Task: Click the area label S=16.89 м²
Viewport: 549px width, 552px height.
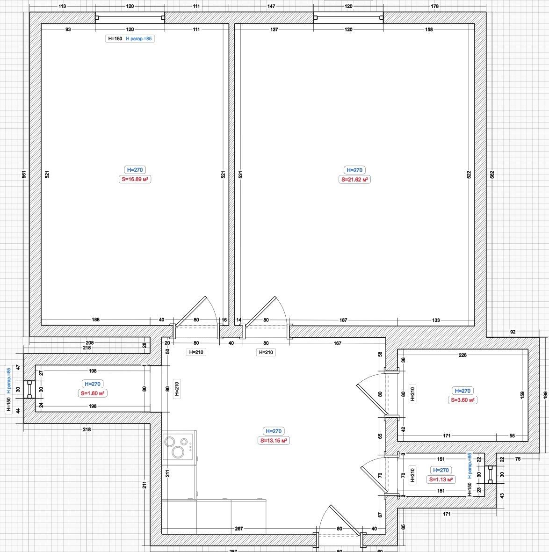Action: [x=135, y=179]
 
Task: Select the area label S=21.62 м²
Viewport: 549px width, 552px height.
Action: [x=354, y=180]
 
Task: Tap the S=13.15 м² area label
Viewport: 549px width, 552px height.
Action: [x=274, y=440]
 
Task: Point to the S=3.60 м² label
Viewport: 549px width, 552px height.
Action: [x=462, y=400]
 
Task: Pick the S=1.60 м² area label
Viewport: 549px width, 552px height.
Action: [x=93, y=393]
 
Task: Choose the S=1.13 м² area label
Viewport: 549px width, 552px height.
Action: [x=441, y=479]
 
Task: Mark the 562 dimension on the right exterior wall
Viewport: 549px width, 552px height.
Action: [x=492, y=174]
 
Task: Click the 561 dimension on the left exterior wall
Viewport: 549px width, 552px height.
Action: [x=24, y=174]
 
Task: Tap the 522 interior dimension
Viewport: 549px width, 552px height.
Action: [x=469, y=174]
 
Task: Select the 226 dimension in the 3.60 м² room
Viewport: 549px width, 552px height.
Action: [x=462, y=355]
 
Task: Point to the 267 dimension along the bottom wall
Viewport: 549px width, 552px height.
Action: [x=238, y=529]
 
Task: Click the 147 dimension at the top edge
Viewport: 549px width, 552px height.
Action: [x=271, y=6]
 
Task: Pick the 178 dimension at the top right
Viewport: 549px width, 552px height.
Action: [x=434, y=6]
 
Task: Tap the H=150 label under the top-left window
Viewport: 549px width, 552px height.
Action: [x=115, y=39]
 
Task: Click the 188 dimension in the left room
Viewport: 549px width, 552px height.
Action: [x=95, y=320]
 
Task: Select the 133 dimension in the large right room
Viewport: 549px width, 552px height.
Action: [x=436, y=320]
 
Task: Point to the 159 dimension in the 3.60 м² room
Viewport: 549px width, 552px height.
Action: [x=522, y=395]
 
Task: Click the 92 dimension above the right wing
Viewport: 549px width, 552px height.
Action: [x=513, y=332]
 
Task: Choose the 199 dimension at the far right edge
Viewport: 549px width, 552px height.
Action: [x=545, y=395]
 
